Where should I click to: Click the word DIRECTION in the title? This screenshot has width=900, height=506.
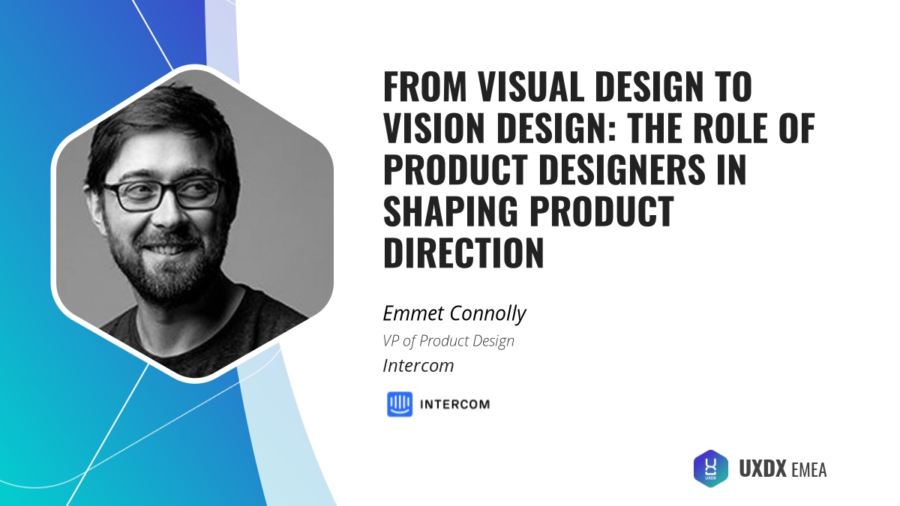coord(463,256)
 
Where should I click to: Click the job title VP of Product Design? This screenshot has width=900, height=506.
coord(448,341)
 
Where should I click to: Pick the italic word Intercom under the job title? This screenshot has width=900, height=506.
coord(418,367)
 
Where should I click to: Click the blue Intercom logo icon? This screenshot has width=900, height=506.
coord(400,404)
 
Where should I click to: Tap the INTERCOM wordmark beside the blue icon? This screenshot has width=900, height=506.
coord(454,405)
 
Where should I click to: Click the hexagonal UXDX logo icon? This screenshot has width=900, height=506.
coord(710,469)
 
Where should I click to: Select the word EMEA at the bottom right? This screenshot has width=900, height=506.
coord(808,470)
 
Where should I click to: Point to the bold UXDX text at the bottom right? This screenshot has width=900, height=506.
coord(763,469)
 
